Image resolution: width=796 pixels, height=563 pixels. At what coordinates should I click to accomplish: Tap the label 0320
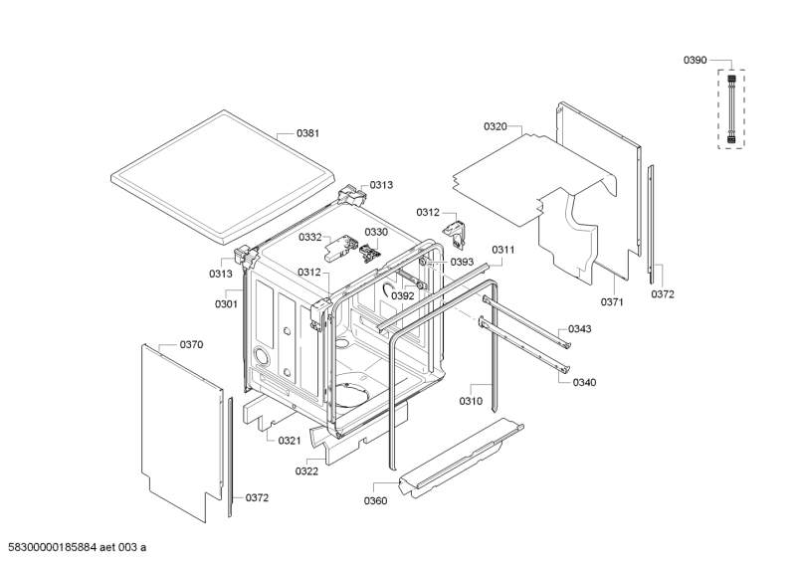496,126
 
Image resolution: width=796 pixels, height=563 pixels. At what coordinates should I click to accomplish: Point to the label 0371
612,301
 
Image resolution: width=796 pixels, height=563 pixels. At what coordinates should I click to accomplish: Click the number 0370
191,344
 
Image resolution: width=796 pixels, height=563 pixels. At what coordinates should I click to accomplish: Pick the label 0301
226,303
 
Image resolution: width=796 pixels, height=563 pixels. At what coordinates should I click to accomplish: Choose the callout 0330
375,232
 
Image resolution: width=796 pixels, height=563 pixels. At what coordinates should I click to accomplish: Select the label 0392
402,295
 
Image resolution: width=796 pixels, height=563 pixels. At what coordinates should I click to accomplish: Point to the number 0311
502,250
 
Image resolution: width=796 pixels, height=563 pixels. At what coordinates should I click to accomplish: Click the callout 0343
580,329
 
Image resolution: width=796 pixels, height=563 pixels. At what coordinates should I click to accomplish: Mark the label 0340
586,382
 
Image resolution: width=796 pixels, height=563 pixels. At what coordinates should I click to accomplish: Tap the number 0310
471,402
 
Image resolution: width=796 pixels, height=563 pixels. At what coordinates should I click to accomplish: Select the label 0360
375,500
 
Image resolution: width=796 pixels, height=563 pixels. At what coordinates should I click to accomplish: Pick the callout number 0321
289,440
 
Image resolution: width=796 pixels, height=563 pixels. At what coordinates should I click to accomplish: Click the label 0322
306,470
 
